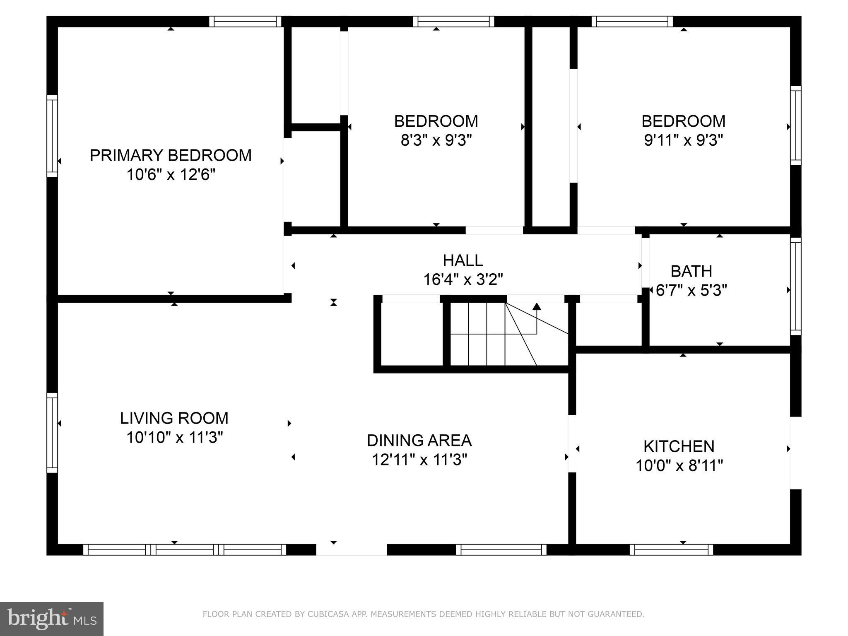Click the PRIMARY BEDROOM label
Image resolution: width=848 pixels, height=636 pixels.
click(171, 155)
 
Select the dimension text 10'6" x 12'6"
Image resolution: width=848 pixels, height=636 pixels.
click(171, 175)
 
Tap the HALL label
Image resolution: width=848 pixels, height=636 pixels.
click(463, 260)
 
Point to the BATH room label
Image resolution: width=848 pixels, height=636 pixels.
click(691, 271)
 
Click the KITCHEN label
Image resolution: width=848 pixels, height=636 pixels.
click(679, 446)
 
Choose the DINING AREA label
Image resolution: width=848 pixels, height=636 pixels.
click(419, 441)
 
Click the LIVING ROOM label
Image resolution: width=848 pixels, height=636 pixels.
click(174, 418)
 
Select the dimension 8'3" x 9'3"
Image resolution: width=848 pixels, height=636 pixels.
click(436, 141)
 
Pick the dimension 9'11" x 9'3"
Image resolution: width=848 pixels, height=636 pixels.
click(683, 141)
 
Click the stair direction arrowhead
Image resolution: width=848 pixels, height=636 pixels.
click(537, 307)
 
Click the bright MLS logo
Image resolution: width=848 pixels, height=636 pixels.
click(52, 619)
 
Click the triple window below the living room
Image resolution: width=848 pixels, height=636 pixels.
click(185, 549)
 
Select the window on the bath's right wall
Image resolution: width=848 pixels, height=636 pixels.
click(795, 286)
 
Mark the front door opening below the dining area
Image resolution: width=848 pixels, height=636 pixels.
click(352, 549)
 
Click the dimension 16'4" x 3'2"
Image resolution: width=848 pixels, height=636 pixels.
click(463, 280)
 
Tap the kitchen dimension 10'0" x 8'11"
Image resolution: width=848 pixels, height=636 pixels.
click(679, 466)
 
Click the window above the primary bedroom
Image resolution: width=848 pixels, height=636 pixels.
click(245, 22)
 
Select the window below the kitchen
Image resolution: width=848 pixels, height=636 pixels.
click(671, 549)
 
